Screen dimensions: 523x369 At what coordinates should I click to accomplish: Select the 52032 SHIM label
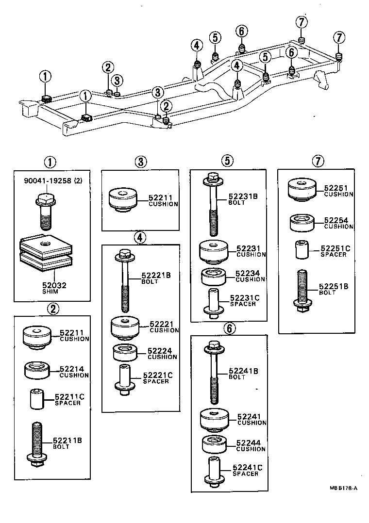pyautogui.click(x=48, y=289)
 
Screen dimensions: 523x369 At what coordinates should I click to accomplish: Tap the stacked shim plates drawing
pyautogui.click(x=45, y=254)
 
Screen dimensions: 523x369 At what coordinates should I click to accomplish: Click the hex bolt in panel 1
pyautogui.click(x=44, y=212)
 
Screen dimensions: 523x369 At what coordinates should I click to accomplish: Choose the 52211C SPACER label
pyautogui.click(x=69, y=399)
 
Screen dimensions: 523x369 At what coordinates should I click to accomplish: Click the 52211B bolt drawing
pyautogui.click(x=37, y=443)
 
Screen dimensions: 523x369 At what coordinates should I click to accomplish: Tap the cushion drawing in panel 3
pyautogui.click(x=123, y=200)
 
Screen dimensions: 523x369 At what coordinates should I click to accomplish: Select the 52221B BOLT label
pyautogui.click(x=156, y=278)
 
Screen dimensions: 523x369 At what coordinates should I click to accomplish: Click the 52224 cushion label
pyautogui.click(x=162, y=353)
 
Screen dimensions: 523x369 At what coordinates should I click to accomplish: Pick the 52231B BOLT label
pyautogui.click(x=243, y=199)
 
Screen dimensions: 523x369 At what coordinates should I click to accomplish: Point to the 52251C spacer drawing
pyautogui.click(x=302, y=250)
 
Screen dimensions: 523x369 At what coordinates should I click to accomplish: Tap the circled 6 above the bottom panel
pyautogui.click(x=229, y=328)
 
